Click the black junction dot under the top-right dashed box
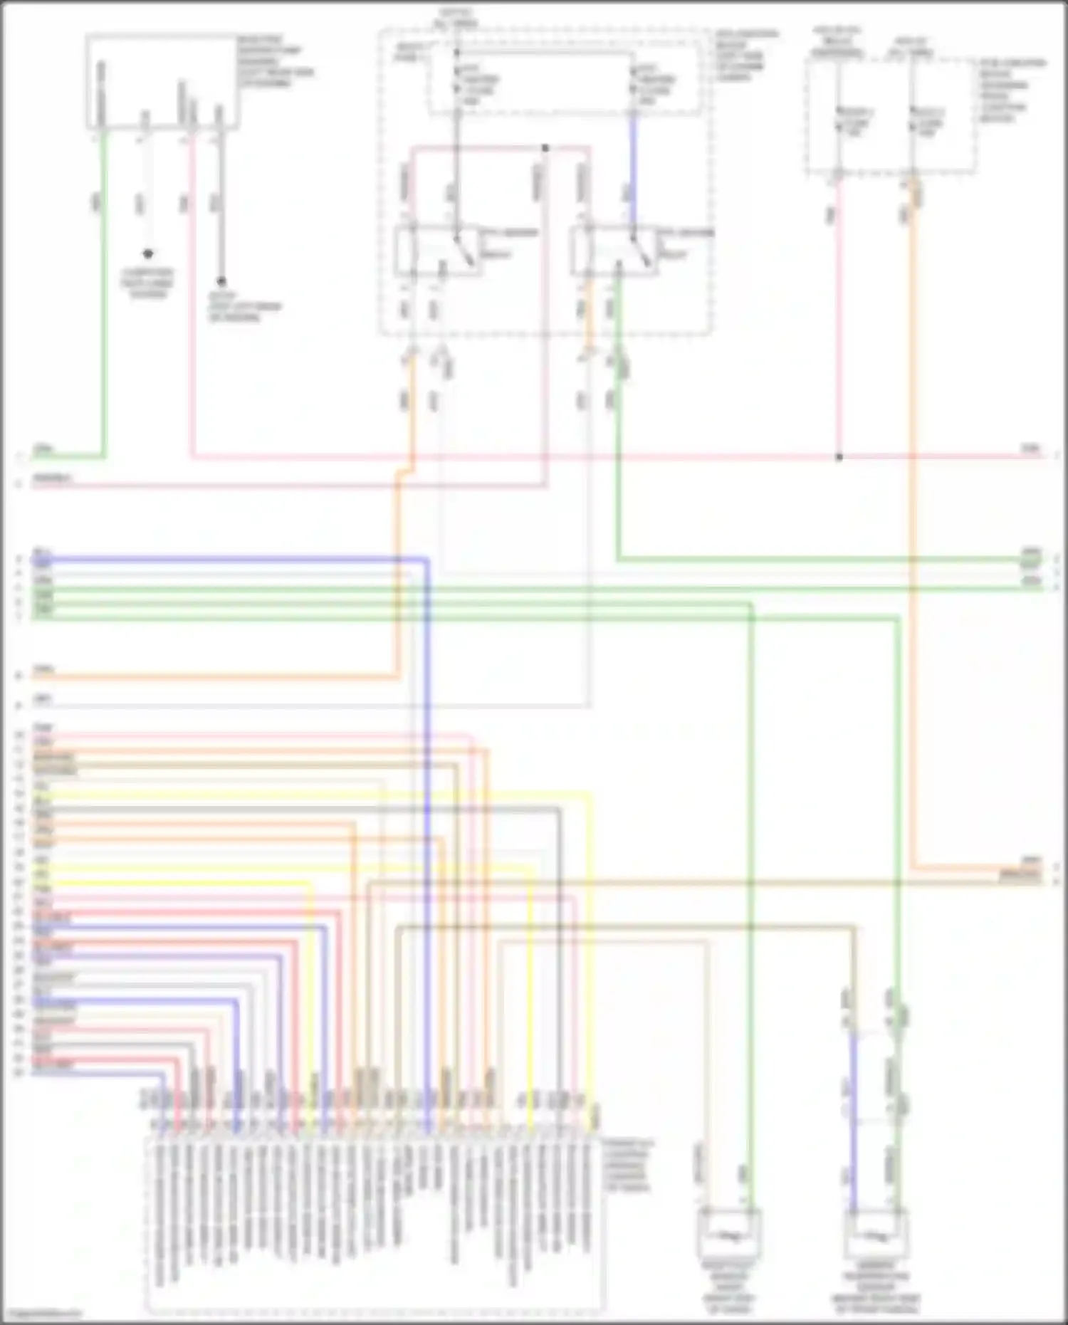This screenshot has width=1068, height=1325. click(839, 457)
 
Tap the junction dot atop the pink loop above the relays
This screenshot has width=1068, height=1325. click(545, 148)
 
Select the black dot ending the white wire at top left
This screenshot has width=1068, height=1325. click(148, 254)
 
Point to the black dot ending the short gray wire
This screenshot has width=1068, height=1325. click(221, 282)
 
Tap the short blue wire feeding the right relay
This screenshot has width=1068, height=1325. click(633, 167)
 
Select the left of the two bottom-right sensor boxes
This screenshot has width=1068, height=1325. click(728, 1234)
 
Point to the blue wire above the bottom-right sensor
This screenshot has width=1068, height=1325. click(853, 1125)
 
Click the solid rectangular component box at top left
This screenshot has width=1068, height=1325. click(162, 82)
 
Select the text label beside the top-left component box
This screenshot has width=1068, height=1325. click(274, 61)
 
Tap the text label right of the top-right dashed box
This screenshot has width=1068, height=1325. click(1011, 90)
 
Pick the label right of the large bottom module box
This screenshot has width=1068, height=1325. click(627, 1165)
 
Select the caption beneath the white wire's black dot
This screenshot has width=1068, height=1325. click(147, 283)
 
